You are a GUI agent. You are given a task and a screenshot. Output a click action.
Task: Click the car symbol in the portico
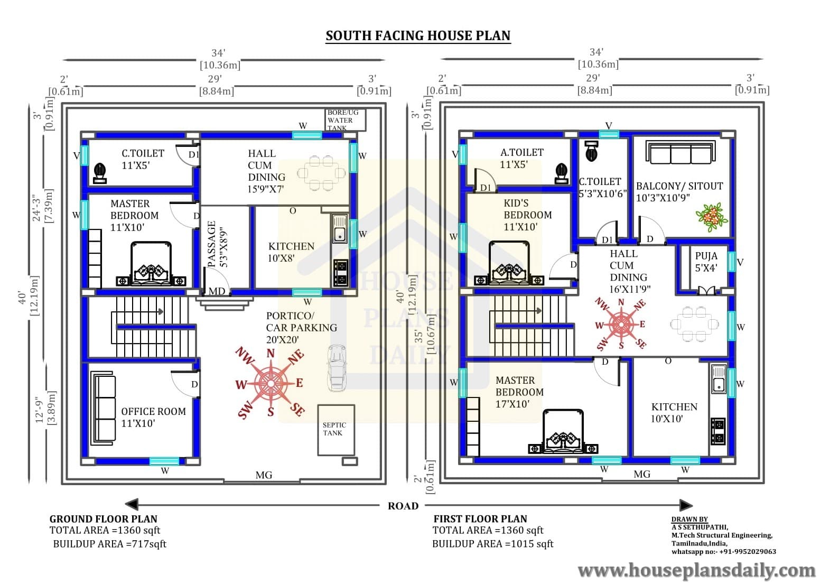[x=337, y=368]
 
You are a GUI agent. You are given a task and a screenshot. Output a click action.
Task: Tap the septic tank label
[x=334, y=429]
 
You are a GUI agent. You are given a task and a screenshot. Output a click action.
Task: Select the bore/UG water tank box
[x=345, y=120]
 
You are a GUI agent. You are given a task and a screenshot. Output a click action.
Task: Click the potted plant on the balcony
[x=711, y=217]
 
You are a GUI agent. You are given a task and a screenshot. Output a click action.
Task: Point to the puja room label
[x=706, y=262]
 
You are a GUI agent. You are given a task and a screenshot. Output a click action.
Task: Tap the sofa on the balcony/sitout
[x=681, y=152]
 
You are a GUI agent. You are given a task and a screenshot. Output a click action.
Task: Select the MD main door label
[x=217, y=291]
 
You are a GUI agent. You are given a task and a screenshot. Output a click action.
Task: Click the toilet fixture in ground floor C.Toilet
[x=99, y=173]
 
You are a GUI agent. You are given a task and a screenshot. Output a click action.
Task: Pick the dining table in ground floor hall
[x=321, y=173]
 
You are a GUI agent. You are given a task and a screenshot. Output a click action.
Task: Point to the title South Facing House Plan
[x=418, y=36]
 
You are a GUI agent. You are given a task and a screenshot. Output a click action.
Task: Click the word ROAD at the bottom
[x=403, y=506]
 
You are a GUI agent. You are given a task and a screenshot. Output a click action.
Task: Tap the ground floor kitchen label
[x=291, y=252]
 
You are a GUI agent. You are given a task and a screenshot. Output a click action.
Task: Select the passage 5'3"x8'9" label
[x=218, y=244]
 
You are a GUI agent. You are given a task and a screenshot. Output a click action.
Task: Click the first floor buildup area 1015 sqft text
[x=493, y=544]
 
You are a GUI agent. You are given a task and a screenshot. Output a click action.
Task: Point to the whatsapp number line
[x=723, y=551]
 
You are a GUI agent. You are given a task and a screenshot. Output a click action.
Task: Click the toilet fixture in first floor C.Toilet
[x=592, y=151]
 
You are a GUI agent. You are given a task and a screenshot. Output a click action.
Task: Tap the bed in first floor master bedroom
[x=563, y=432]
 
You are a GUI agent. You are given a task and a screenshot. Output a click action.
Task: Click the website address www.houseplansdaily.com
[x=697, y=570]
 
